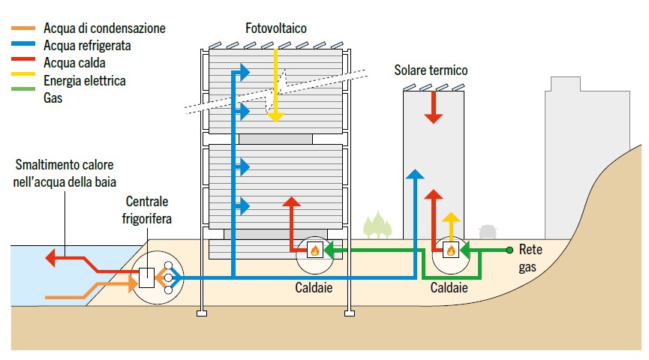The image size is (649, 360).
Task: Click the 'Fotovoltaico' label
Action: pyautogui.click(x=276, y=28)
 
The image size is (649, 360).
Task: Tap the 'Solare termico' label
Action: pyautogui.click(x=431, y=70)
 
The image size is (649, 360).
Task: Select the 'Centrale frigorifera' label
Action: pyautogui.click(x=147, y=210)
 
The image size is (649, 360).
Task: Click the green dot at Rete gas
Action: pyautogui.click(x=509, y=250)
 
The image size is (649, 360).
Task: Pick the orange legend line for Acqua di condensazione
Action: pyautogui.click(x=25, y=29)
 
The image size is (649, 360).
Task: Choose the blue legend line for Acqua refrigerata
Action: pyautogui.click(x=25, y=46)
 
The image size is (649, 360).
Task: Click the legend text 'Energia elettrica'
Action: pyautogui.click(x=85, y=80)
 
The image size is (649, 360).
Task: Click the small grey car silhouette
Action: pyautogui.click(x=488, y=230)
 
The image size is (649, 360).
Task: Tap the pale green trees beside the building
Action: pyautogui.click(x=377, y=226)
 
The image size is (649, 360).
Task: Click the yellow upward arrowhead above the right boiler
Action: pyautogui.click(x=450, y=219)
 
